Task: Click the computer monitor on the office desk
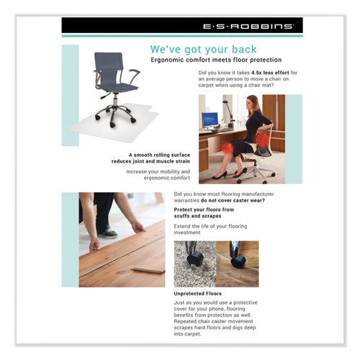pos(210,120)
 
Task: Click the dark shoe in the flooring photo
pos(107,232)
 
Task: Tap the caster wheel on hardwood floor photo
pos(238,261)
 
